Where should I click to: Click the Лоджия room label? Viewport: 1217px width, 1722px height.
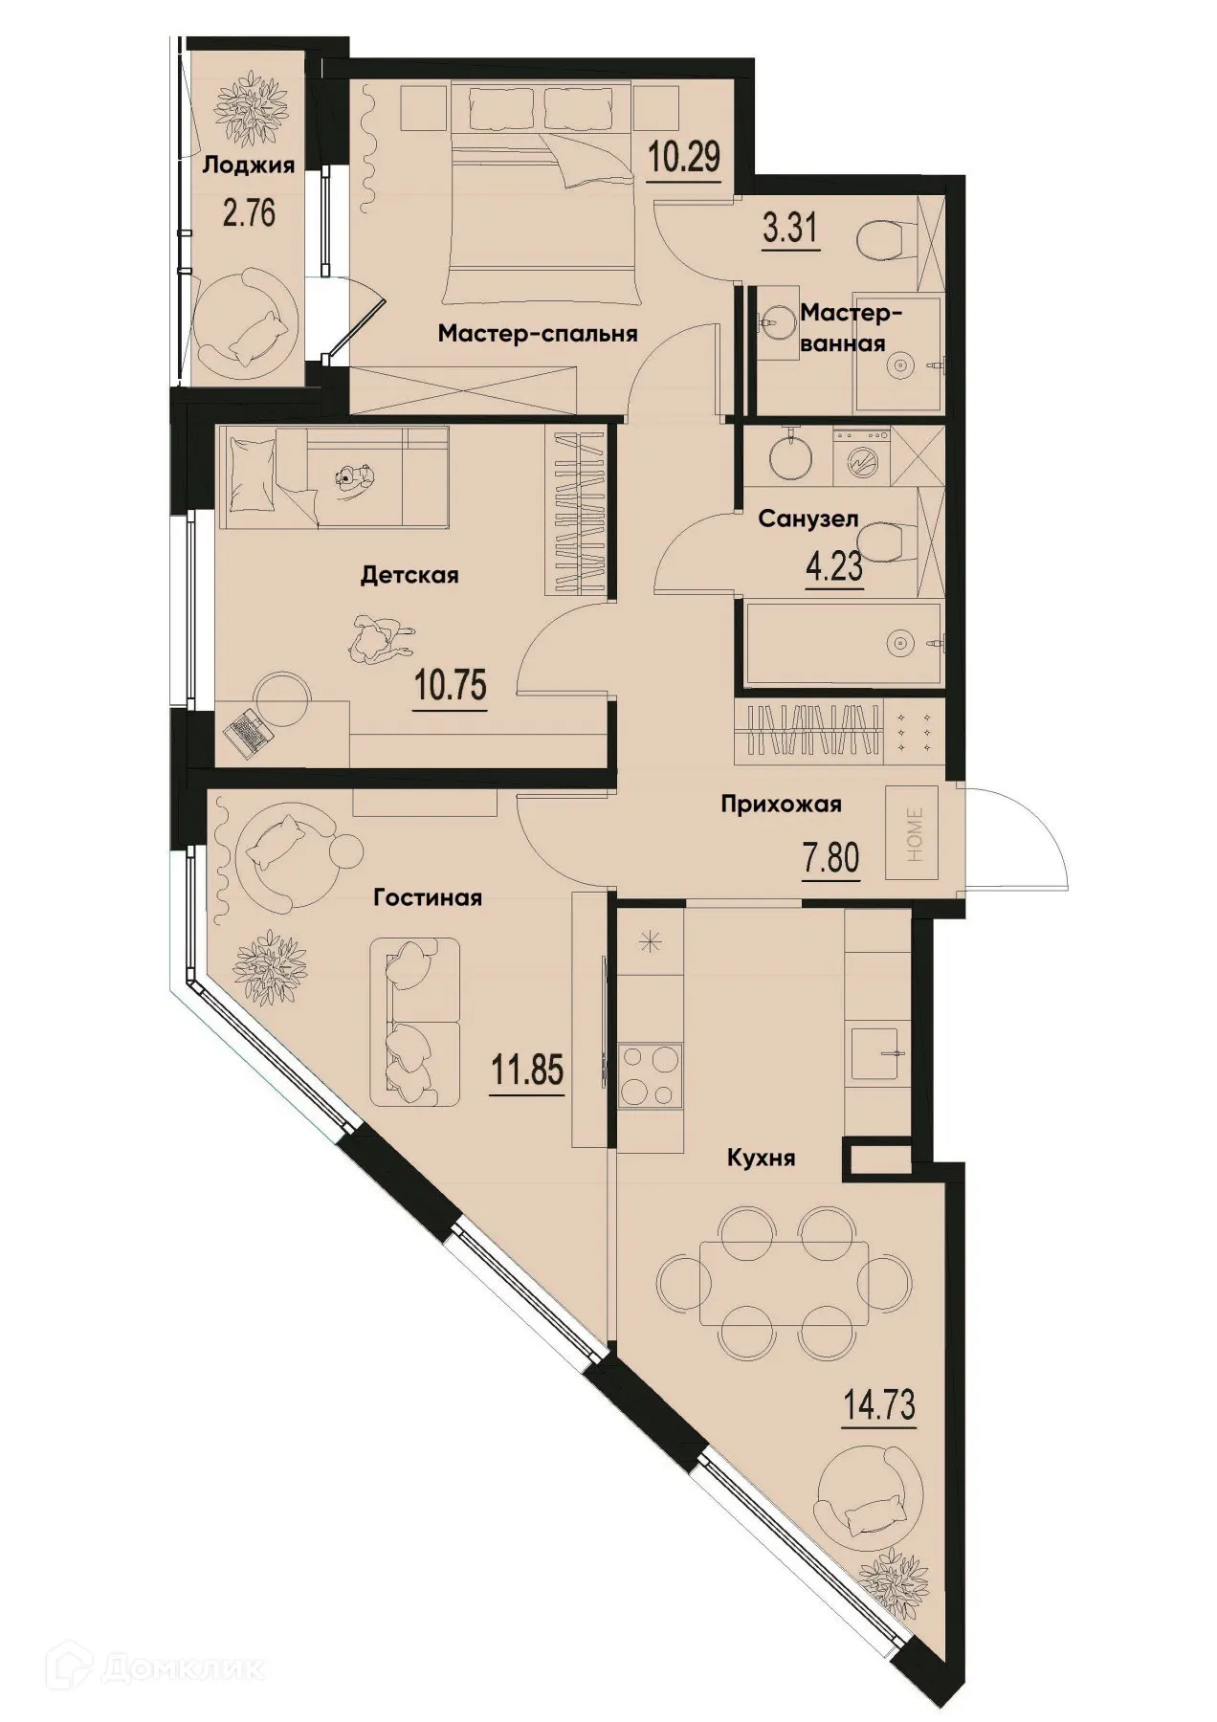[x=248, y=165]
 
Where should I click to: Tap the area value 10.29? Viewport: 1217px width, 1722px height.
[x=684, y=156]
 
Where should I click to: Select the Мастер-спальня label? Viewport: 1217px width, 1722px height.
[x=538, y=334]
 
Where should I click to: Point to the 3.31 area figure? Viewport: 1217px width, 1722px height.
[x=790, y=230]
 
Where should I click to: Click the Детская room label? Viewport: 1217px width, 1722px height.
[x=409, y=575]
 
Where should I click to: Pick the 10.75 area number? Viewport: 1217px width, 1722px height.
[x=451, y=685]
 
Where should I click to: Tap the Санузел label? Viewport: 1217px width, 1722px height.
[x=808, y=519]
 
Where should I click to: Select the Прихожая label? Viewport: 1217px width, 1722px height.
[x=781, y=805]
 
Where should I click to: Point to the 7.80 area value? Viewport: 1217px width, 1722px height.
[x=830, y=857]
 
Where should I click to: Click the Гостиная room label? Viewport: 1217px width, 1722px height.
[x=428, y=897]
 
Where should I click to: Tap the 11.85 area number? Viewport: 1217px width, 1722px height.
[x=527, y=1070]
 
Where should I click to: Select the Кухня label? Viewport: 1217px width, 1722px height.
[x=762, y=1159]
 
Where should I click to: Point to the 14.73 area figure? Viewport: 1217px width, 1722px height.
[x=879, y=1405]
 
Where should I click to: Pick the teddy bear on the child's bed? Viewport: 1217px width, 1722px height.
[x=355, y=477]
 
